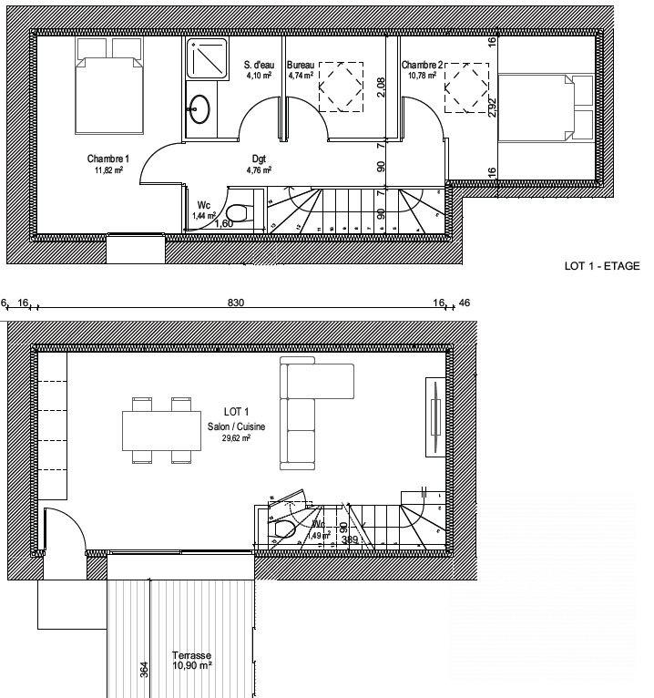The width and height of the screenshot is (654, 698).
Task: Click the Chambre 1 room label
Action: (107, 158)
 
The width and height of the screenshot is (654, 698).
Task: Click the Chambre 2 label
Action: (422, 66)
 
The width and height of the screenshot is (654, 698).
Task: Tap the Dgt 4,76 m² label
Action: (260, 158)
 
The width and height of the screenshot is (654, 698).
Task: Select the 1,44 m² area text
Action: (203, 216)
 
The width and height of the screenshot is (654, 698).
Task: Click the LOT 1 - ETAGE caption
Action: (602, 266)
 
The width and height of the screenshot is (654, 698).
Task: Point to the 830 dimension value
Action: (236, 303)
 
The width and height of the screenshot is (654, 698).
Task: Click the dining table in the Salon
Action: (161, 429)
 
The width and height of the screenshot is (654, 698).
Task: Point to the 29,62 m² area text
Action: (235, 437)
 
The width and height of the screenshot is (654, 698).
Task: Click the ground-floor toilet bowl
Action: (283, 530)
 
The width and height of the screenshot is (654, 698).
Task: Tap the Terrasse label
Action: (191, 656)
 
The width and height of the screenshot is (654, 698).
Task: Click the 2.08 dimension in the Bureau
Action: (381, 87)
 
